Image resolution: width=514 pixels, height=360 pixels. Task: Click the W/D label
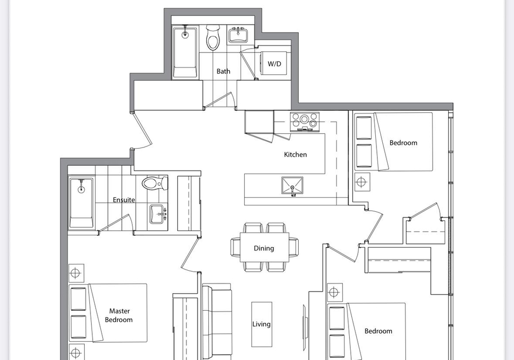point(274,64)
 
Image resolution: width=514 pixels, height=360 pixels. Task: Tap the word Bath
point(223,71)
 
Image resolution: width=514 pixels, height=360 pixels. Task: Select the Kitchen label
point(296,154)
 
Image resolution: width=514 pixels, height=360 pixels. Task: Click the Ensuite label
point(124,200)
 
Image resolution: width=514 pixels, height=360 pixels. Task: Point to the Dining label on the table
point(264,248)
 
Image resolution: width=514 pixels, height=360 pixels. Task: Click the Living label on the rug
point(261,324)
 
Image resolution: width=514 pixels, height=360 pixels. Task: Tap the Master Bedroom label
point(119,315)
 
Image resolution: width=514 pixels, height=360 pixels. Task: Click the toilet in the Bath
point(213,37)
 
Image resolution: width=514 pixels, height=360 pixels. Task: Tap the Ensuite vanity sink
point(158,214)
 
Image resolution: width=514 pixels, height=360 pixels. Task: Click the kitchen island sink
point(292,186)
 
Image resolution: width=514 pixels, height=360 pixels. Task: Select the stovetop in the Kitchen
point(305,121)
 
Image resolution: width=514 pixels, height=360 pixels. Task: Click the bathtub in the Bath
point(185,52)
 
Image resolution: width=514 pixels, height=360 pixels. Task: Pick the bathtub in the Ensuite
point(81,203)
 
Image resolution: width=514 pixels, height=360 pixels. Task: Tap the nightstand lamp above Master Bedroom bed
point(75,273)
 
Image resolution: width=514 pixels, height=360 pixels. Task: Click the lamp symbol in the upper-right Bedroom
point(361,181)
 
